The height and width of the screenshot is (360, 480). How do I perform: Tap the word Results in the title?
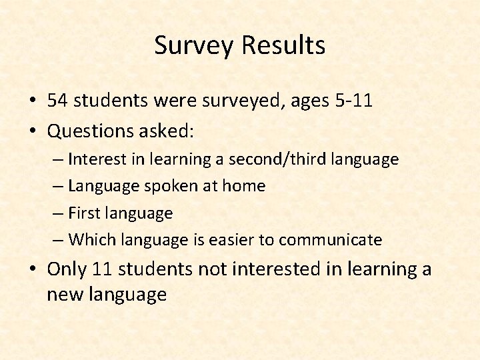(x=283, y=46)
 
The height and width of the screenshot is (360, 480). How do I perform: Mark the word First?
(x=83, y=213)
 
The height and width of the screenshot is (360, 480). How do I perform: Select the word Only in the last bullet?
(x=67, y=270)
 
